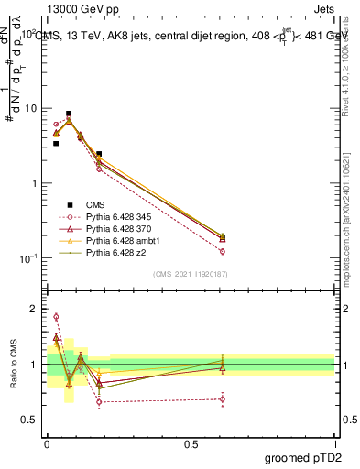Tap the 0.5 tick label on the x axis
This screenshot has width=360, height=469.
click(191, 442)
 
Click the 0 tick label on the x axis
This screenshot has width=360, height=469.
click(47, 442)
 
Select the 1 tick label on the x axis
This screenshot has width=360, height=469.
click(334, 442)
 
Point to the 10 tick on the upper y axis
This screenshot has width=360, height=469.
click(33, 108)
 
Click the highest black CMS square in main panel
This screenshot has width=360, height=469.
click(69, 115)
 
